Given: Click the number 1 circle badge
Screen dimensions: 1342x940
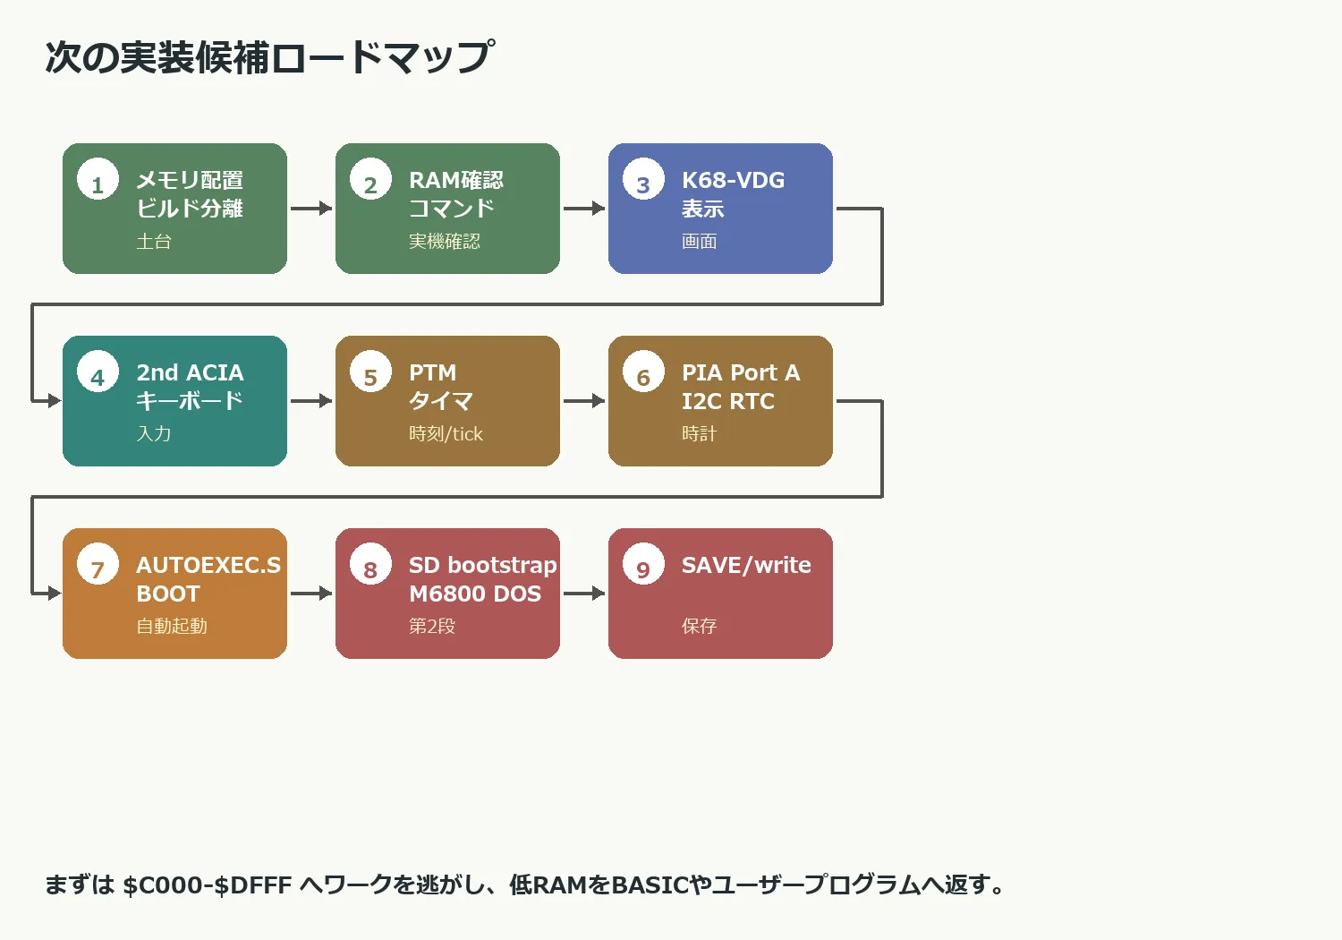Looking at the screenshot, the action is [98, 179].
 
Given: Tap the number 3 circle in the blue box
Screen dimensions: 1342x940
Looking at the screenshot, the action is [643, 179].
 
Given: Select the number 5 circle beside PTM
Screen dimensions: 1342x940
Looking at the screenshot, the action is [371, 372].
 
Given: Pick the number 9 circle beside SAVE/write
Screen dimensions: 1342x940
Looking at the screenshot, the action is [643, 563].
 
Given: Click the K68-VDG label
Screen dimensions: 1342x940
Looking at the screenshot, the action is [734, 180].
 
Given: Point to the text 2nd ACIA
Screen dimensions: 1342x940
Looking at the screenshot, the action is [190, 372].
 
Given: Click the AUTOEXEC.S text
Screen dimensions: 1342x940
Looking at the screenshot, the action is [208, 565].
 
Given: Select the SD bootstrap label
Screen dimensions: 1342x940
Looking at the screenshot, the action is [483, 565].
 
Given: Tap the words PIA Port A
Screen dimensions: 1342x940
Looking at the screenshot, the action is [741, 372].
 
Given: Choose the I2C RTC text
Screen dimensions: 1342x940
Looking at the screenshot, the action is [728, 401].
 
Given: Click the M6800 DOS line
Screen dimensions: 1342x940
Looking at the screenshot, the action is [475, 594].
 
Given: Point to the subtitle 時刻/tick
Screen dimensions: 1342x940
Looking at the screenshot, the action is [446, 433].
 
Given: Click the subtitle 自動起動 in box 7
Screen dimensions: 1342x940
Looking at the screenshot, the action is [172, 626].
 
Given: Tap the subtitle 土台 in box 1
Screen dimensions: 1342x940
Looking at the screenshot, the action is [154, 241].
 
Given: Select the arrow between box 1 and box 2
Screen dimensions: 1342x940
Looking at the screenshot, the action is [311, 208].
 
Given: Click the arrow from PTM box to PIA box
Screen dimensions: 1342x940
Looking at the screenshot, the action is [584, 400].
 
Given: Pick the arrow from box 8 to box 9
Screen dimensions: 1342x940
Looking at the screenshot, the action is [584, 593].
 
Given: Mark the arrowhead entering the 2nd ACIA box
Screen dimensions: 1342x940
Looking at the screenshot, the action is [55, 400].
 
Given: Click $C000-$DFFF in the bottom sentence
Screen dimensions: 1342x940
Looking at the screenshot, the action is [208, 884].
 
